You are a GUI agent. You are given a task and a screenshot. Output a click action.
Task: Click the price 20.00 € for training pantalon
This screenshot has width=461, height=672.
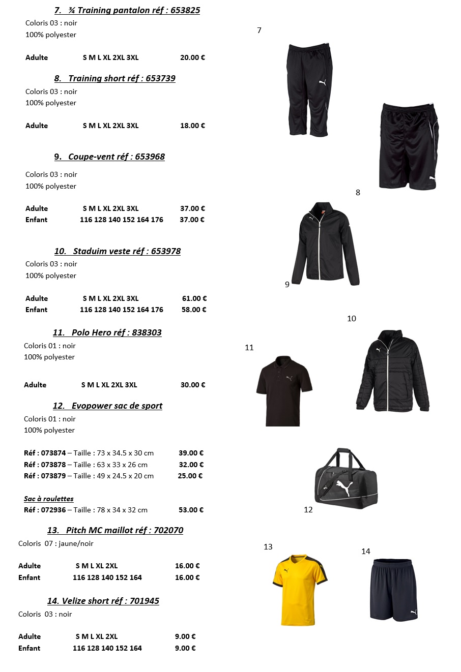192,57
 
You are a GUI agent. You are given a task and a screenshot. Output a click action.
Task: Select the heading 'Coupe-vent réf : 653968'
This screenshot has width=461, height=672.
109,157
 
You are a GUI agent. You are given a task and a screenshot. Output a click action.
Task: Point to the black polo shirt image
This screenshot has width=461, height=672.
283,390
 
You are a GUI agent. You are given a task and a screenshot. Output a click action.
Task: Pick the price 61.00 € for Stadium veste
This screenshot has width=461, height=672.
194,298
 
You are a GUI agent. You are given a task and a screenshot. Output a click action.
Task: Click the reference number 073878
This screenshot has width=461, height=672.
53,465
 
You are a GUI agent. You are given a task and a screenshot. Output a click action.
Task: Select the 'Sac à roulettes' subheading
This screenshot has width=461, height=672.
49,499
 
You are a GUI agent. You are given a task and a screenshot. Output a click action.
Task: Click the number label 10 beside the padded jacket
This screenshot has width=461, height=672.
352,319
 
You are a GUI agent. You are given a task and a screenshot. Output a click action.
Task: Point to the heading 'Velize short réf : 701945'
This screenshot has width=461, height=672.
103,601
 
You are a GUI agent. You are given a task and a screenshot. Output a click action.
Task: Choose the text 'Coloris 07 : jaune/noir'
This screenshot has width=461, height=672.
56,543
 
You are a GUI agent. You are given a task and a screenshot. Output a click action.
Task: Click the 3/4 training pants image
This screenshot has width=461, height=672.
307,90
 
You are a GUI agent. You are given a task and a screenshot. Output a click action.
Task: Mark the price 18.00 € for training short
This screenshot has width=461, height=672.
192,126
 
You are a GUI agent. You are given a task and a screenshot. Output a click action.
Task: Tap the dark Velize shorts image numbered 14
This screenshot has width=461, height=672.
394,590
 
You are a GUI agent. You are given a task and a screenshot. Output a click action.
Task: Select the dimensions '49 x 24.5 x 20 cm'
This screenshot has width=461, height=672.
125,476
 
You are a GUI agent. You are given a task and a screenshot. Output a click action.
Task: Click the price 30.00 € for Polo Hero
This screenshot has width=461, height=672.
193,385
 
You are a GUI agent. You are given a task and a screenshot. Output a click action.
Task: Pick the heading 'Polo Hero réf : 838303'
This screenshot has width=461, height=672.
107,332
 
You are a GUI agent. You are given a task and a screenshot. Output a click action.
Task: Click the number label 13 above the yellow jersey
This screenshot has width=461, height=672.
268,547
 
